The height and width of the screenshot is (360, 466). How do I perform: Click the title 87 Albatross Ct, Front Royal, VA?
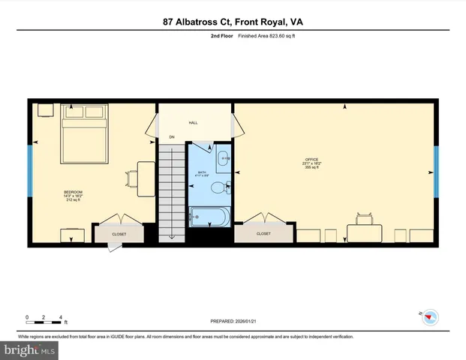233,22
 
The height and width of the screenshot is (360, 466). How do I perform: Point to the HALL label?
193,121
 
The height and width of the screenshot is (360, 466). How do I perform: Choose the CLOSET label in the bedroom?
119,234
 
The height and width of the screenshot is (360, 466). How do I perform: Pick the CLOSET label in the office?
263,234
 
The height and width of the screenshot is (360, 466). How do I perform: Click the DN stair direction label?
171,137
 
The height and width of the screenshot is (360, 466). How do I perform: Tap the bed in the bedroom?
84,135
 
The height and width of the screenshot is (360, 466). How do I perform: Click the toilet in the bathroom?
219,187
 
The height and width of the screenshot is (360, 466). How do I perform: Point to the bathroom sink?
224,158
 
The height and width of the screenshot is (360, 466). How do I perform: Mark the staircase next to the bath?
171,191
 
